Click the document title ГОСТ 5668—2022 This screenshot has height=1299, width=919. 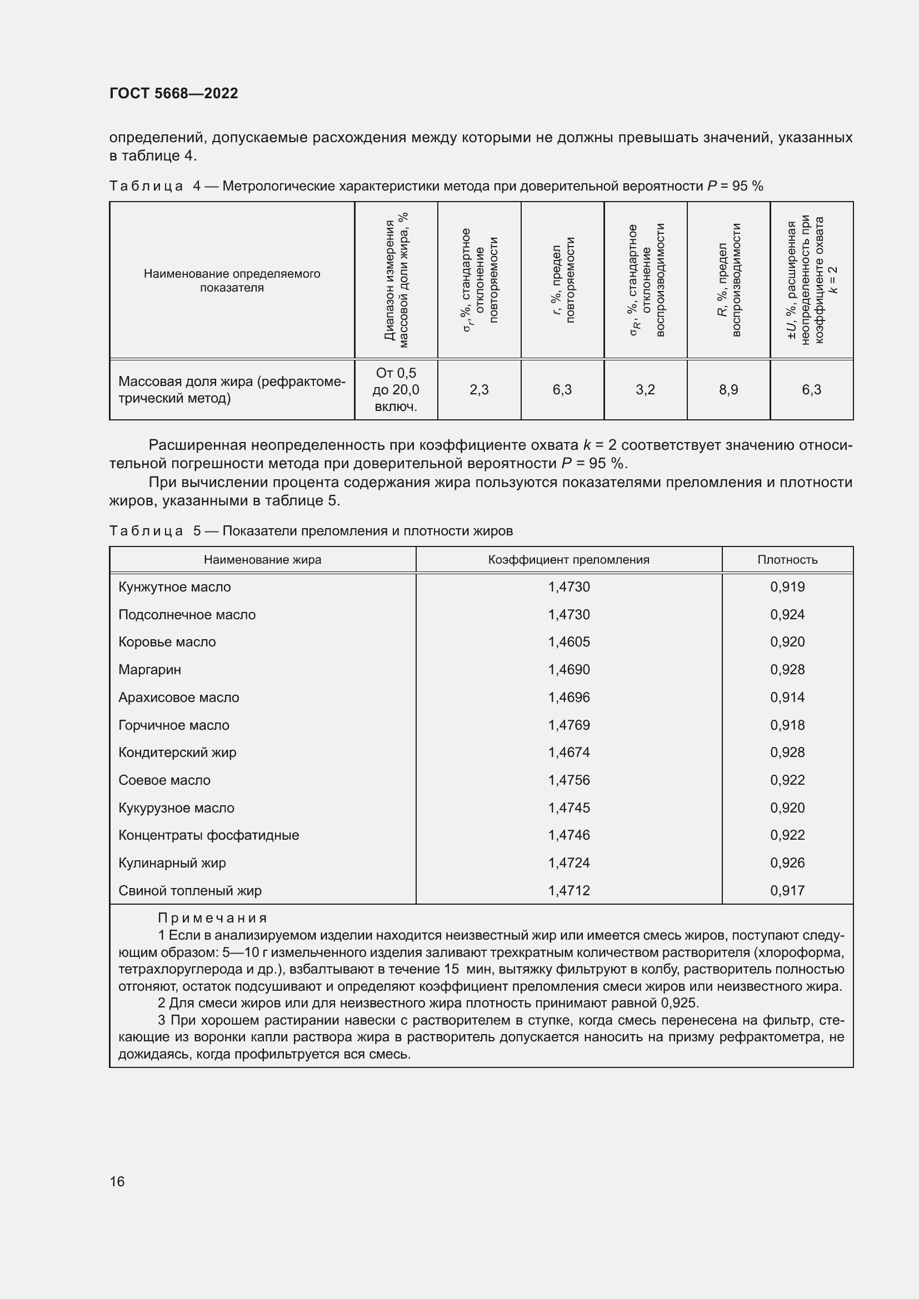click(x=174, y=93)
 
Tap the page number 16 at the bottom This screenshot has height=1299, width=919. click(x=117, y=1182)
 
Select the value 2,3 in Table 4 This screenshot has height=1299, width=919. click(x=479, y=390)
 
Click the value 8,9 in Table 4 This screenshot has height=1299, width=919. click(x=728, y=390)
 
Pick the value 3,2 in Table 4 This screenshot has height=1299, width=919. click(x=645, y=390)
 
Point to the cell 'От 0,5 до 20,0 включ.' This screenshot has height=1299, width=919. click(x=396, y=390)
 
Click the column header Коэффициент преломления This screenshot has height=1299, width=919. click(x=569, y=560)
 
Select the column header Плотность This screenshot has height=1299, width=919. click(x=787, y=560)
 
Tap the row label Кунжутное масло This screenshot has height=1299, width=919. click(x=174, y=587)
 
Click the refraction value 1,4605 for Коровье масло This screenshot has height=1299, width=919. click(x=569, y=642)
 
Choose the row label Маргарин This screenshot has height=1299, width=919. click(x=149, y=670)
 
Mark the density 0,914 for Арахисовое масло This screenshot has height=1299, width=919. click(x=787, y=698)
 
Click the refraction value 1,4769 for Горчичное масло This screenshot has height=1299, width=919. click(x=569, y=725)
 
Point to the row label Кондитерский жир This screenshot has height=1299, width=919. click(x=177, y=753)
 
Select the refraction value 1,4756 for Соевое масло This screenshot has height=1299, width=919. click(x=569, y=780)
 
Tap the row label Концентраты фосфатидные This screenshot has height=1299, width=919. click(x=208, y=835)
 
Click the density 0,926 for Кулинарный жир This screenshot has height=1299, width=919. click(x=787, y=863)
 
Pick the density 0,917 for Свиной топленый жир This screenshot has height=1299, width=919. click(x=787, y=890)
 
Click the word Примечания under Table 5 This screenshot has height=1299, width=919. click(x=212, y=917)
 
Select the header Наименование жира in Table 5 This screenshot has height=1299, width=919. click(x=262, y=560)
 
